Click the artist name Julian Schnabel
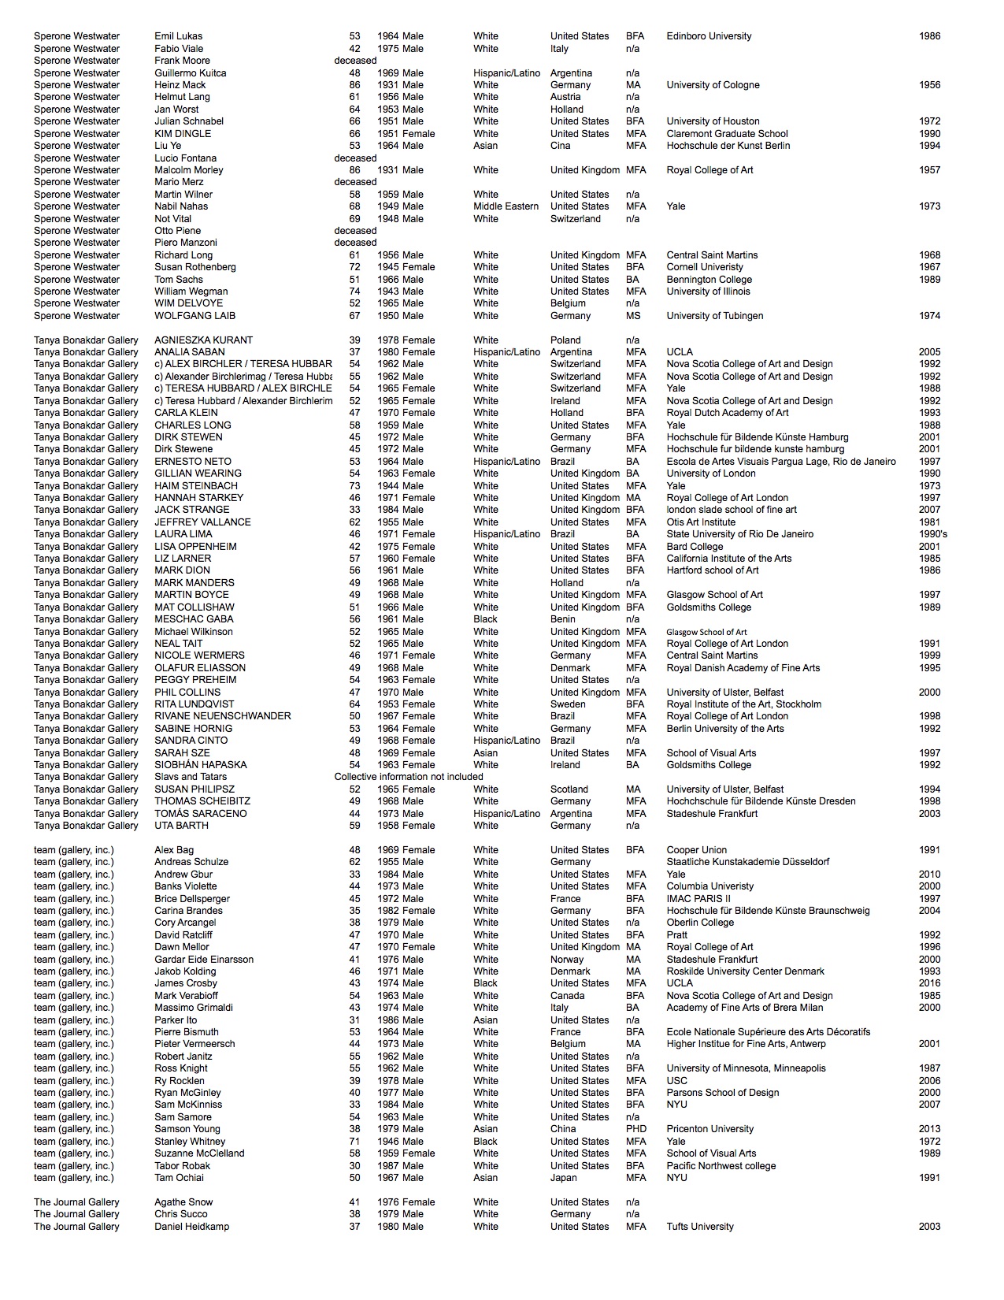point(189,121)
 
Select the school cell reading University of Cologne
point(713,85)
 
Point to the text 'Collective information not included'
point(409,777)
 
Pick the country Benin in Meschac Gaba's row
point(564,619)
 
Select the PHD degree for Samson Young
point(636,1129)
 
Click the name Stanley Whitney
point(190,1142)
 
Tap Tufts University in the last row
point(700,1227)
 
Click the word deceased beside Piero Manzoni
point(355,243)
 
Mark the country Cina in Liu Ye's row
point(561,146)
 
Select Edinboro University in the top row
point(709,36)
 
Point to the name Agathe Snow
point(184,1202)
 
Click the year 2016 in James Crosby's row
point(929,983)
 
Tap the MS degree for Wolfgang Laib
point(633,316)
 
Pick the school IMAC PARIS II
point(698,899)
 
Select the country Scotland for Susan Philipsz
point(569,789)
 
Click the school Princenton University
point(710,1129)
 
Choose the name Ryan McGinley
point(187,1093)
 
